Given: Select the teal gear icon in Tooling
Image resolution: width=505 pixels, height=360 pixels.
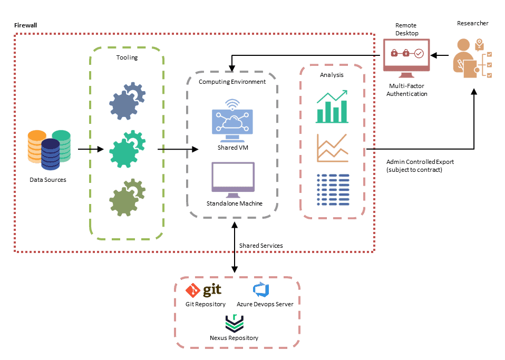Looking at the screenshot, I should pos(127,149).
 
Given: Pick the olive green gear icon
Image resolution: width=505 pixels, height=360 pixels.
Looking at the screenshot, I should pos(127,199).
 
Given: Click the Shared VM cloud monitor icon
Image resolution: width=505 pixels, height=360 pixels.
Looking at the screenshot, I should pos(232,121).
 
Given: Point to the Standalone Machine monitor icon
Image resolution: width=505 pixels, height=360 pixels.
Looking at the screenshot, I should pos(232,178).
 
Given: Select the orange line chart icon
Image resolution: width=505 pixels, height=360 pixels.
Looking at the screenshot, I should pos(332,148).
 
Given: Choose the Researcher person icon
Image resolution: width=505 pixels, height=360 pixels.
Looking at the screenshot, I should pos(472,58).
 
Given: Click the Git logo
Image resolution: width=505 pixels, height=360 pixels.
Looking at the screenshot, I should pos(203,290).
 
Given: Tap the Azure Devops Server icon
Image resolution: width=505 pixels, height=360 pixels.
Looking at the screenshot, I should pos(261,290).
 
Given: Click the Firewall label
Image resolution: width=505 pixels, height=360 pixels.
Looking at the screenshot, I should pos(25,25).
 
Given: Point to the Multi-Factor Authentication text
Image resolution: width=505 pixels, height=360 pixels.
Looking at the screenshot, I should pos(406,90).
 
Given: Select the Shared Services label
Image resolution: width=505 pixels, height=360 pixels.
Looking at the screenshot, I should pos(261,246).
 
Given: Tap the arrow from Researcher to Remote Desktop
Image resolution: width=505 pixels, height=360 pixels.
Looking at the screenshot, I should pos(440,55).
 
